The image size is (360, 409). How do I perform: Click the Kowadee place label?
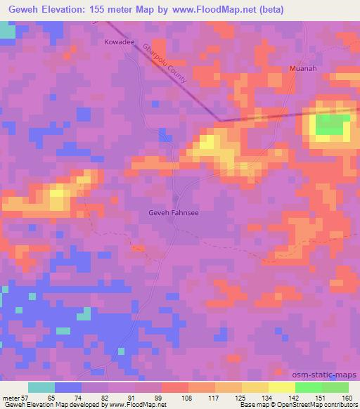pos(119,43)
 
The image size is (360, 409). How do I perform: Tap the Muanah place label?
pos(302,69)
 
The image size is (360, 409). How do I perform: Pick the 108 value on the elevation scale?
pos(188,397)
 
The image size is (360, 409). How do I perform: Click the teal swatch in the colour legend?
pos(41,387)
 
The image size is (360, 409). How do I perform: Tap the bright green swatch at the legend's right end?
pos(335,387)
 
